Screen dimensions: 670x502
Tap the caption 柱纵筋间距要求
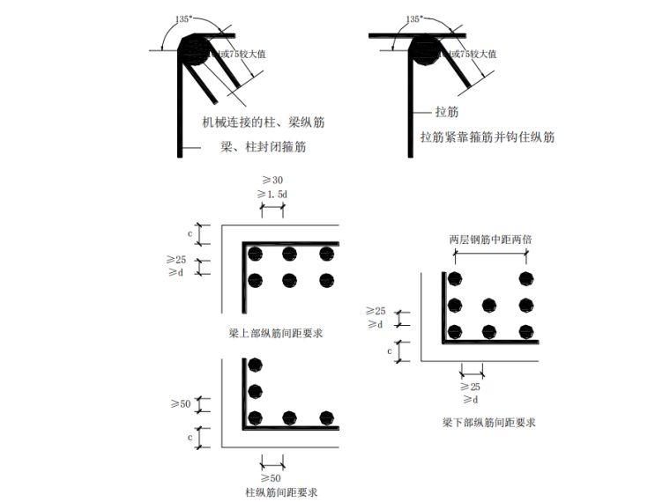tap(276, 491)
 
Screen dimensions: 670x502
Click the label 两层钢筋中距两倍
tap(489, 239)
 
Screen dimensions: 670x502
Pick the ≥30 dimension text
tap(272, 180)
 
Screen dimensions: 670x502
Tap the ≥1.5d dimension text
tap(272, 193)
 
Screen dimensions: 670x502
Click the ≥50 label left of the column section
tap(180, 403)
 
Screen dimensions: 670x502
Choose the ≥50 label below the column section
tap(272, 477)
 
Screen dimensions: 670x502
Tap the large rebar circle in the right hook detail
tap(428, 50)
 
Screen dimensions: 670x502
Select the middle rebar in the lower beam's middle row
tap(490, 306)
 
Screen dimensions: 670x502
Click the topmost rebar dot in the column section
tap(256, 365)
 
